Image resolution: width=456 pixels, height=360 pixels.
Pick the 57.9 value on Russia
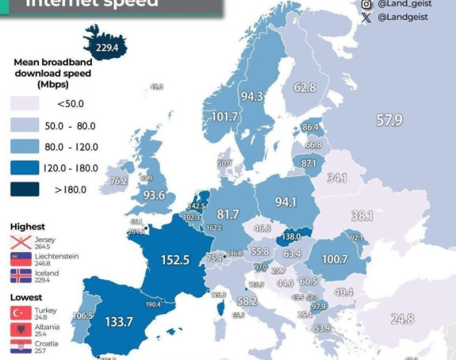pos(389,120)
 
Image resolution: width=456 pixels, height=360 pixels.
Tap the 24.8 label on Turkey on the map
pos(402,319)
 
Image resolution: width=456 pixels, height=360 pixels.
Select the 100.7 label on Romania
pos(335,259)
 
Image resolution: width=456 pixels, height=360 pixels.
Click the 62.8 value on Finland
pos(305,86)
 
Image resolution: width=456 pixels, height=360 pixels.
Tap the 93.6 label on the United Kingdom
pos(154,195)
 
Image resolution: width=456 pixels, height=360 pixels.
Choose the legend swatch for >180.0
pos(24,189)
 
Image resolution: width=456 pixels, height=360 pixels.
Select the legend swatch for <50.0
pos(24,104)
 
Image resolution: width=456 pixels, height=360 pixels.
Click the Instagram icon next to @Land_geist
pos(366,4)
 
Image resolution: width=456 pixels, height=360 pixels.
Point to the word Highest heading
pos(28,227)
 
